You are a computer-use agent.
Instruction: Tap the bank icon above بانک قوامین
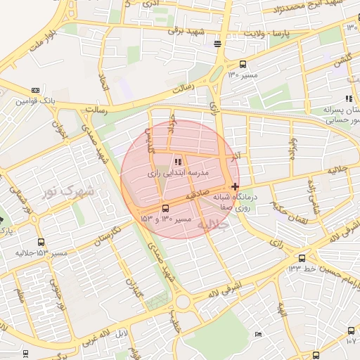coord(35,90)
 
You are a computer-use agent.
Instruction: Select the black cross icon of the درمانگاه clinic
coord(234,186)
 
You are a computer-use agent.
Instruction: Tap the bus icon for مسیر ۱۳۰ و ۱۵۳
coord(165,208)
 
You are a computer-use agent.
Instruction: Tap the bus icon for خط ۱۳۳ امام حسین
coord(302,258)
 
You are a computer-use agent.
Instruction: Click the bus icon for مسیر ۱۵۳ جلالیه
coord(40,242)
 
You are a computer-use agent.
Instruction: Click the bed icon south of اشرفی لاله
coord(258,333)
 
